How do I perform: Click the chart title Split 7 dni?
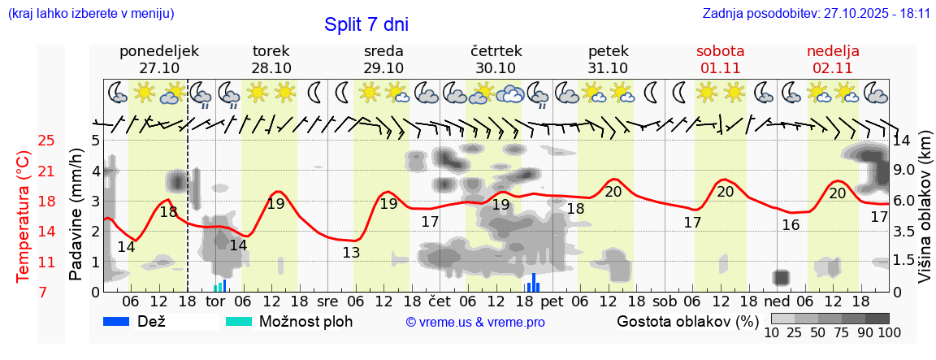(366, 24)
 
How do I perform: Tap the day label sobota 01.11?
(720, 59)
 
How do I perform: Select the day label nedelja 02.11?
(833, 59)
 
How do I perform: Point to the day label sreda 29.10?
(383, 59)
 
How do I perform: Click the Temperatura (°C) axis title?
(24, 216)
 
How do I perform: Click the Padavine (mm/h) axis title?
(76, 215)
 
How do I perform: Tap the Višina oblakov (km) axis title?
(925, 215)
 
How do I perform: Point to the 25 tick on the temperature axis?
(47, 141)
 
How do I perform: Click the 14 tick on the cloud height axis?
(902, 140)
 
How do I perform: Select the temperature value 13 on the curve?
(351, 252)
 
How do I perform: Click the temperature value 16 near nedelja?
(791, 224)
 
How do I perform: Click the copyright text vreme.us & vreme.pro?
(475, 322)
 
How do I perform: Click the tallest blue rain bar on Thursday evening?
(533, 281)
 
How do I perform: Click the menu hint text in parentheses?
(90, 14)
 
